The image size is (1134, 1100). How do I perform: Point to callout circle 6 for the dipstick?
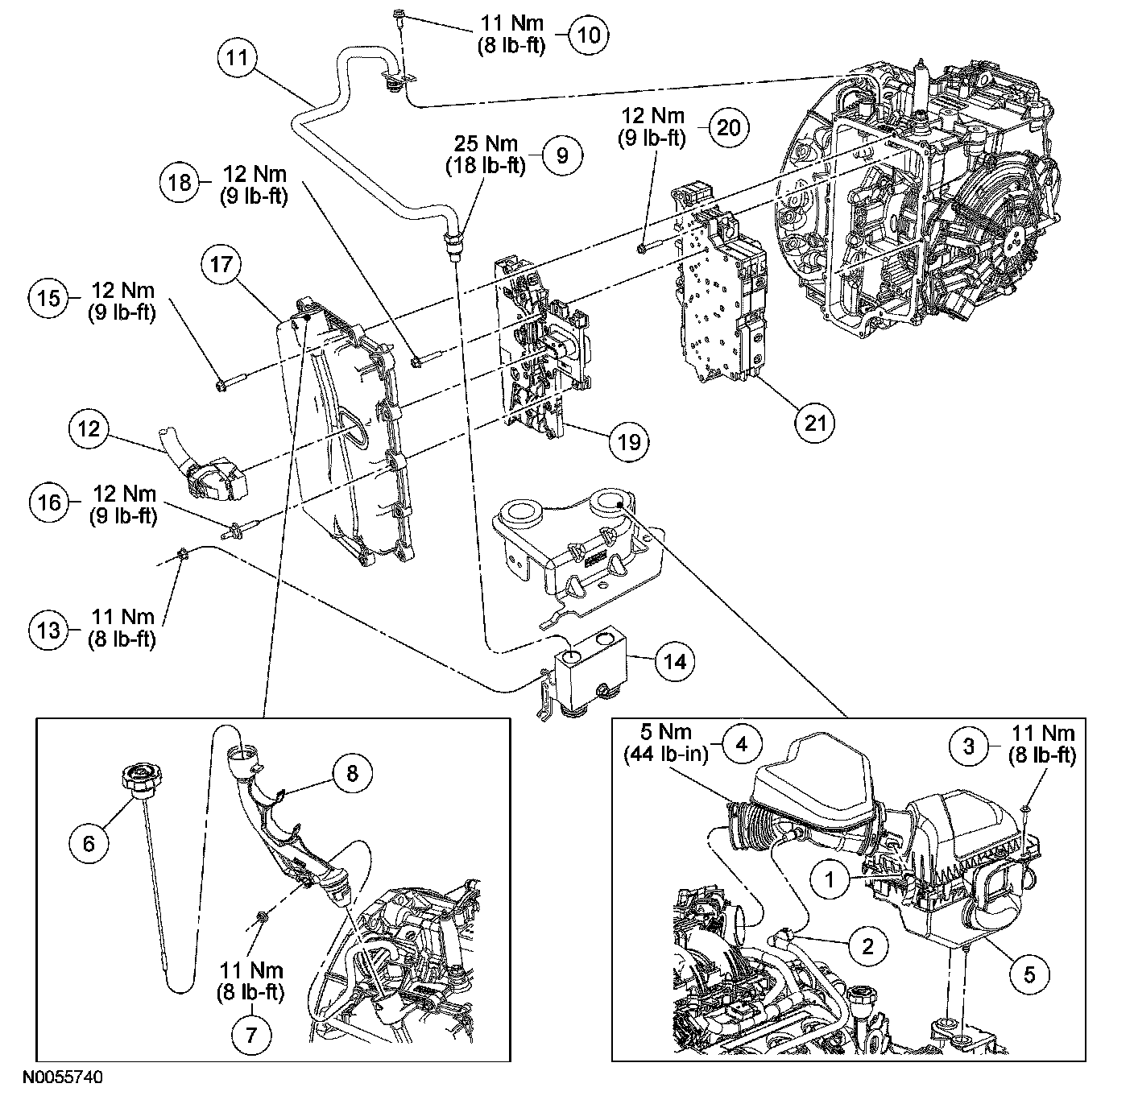89,842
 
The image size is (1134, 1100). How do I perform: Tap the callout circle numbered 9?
561,154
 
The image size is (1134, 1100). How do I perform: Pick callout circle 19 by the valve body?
629,441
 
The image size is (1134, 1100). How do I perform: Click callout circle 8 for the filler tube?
352,774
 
